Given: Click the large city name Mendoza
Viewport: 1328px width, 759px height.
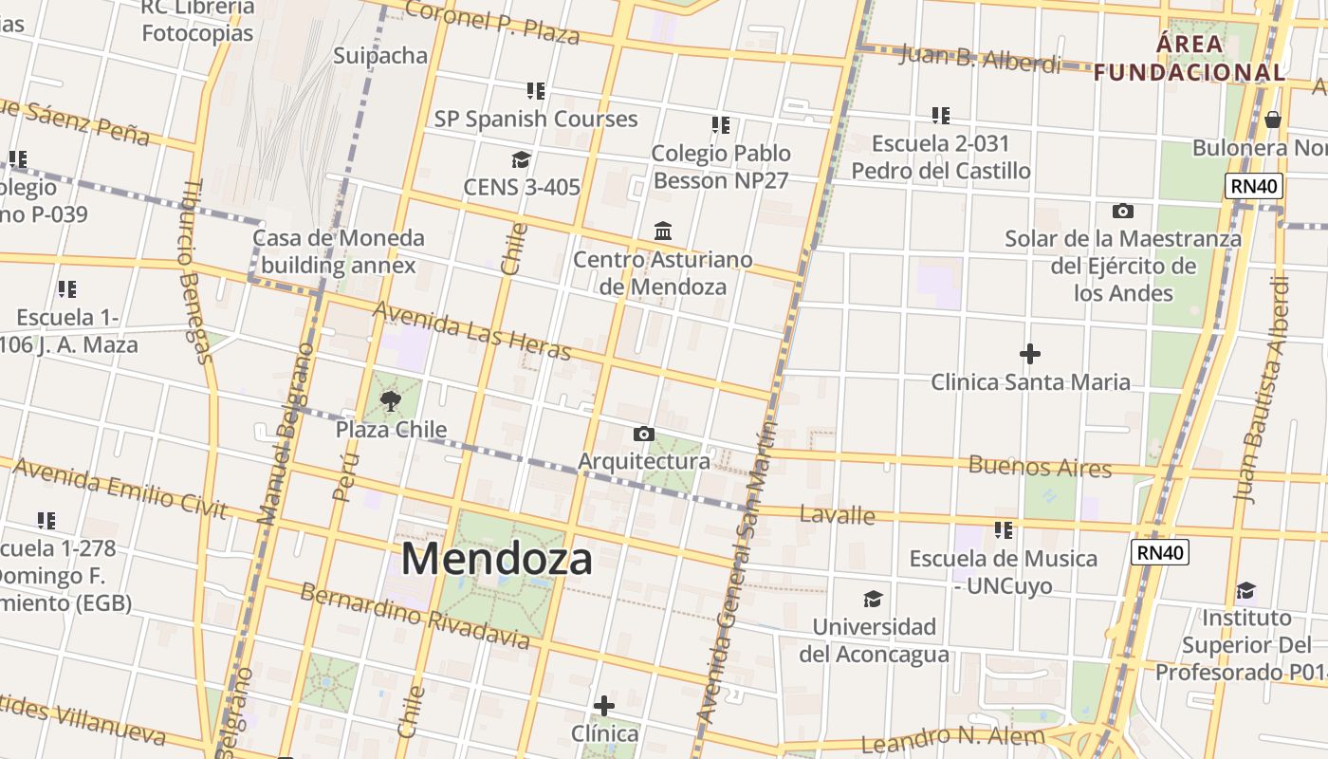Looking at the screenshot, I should point(497,559).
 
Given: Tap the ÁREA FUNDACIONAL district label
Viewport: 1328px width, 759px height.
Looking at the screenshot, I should point(1190,58).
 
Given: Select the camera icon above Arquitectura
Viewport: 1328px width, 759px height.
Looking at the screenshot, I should point(644,435).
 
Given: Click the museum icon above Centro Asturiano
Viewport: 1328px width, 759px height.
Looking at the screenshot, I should point(663,231).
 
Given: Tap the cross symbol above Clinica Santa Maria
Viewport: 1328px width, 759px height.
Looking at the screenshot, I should point(1030,355).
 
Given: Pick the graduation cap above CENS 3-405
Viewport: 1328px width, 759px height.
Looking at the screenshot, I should point(521,159).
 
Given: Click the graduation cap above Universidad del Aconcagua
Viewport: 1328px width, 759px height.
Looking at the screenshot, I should point(873,599).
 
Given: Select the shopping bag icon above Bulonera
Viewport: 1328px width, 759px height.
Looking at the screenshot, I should point(1273,120).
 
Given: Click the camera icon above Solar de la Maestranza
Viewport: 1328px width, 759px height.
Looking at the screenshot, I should point(1123,211).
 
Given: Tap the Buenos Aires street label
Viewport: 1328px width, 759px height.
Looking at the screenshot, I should point(1040,467).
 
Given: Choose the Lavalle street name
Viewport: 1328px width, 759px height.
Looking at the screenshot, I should point(837,514).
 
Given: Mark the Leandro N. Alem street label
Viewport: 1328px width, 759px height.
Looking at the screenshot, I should point(952,739).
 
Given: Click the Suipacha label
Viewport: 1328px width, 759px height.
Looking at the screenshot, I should point(380,55).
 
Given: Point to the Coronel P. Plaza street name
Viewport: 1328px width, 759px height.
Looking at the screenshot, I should point(492,23).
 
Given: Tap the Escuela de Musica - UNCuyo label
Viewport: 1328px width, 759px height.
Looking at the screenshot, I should point(1004,572).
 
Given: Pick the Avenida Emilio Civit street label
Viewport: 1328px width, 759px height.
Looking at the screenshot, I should point(120,489).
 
